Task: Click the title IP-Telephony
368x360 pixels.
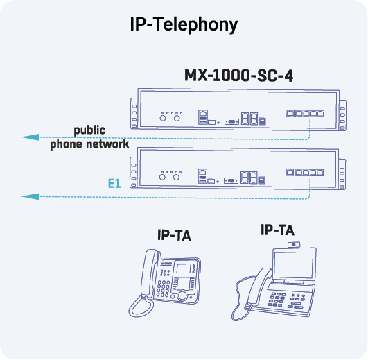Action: click(184, 24)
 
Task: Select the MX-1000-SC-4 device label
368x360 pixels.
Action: click(238, 75)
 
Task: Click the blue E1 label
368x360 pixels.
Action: click(114, 184)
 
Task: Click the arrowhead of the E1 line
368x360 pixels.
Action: click(29, 197)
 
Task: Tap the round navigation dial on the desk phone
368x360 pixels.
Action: click(182, 295)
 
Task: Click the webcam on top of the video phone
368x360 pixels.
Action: click(295, 244)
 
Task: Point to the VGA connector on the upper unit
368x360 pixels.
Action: click(231, 121)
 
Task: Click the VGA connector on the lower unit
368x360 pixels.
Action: click(231, 180)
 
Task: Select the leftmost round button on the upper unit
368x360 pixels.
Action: click(164, 119)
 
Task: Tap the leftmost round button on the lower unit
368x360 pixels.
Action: click(164, 178)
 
